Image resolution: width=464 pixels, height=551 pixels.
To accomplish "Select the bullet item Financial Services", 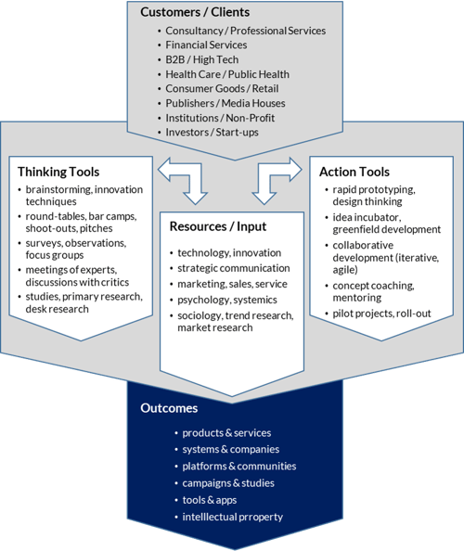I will (206, 45).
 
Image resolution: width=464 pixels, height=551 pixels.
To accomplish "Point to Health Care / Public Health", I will (227, 74).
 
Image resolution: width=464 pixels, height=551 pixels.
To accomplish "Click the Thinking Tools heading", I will (59, 172).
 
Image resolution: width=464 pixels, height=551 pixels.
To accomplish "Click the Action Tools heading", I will (354, 172).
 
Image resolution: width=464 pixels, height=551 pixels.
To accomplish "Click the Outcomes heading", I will (168, 408).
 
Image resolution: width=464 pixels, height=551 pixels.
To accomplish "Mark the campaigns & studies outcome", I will (227, 483).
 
